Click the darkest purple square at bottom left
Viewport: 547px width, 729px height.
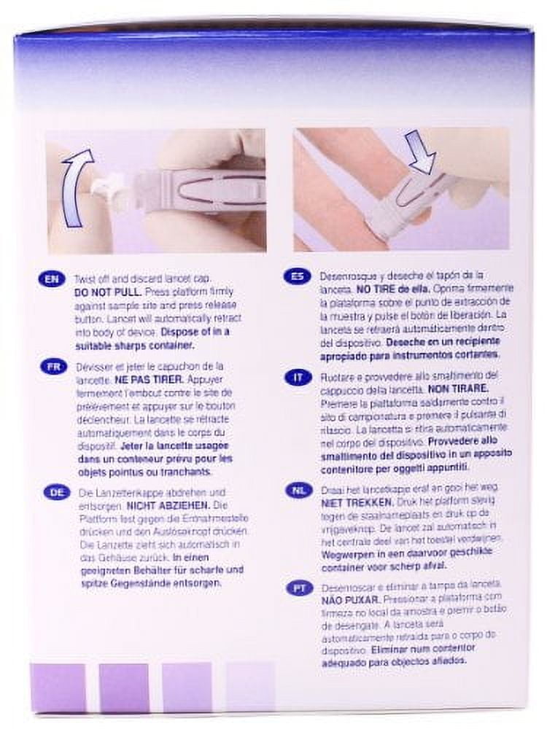tap(58, 687)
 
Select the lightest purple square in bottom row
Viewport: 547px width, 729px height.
tap(250, 687)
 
